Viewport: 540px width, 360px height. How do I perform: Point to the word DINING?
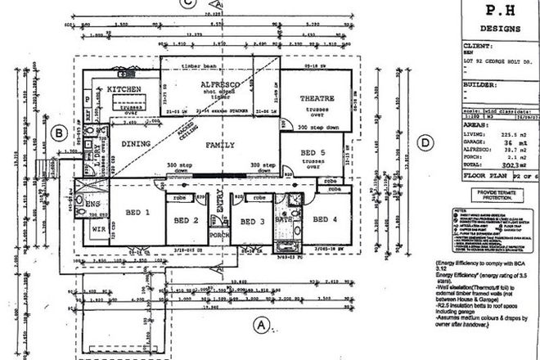[137, 143]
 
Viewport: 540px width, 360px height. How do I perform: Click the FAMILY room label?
[218, 145]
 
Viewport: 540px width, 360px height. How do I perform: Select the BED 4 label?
[325, 218]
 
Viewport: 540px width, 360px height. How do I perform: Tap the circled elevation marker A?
[261, 325]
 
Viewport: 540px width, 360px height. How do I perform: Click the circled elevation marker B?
[59, 133]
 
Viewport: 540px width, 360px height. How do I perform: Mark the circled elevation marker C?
[188, 4]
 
